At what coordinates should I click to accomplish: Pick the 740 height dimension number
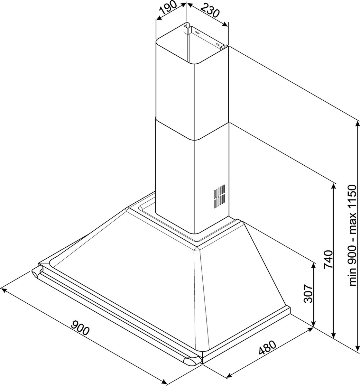[328, 260]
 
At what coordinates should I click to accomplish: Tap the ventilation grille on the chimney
[219, 196]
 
